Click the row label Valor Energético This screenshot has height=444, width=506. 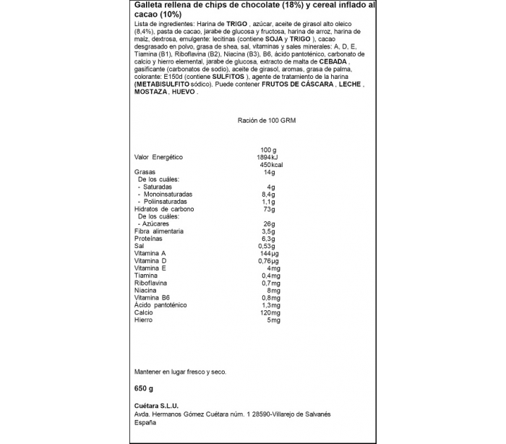[158, 157]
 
